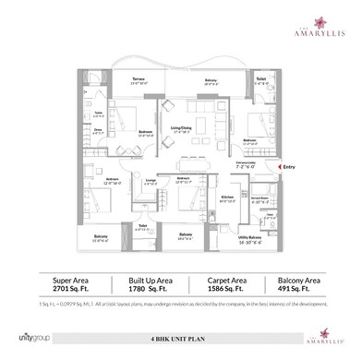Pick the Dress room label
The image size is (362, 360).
99,131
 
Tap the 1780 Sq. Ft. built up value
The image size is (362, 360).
136,286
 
